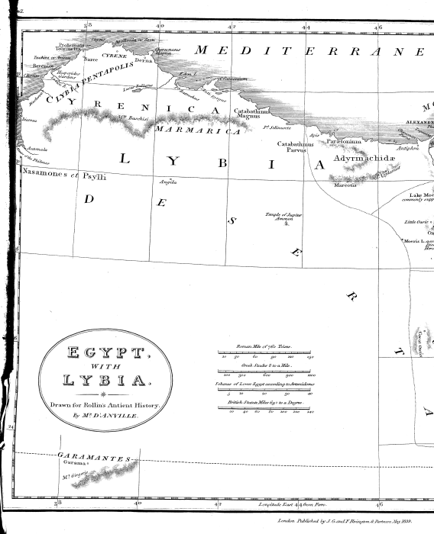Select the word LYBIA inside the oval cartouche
[105, 380]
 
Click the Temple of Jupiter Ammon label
[284, 217]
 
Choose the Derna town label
[144, 60]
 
